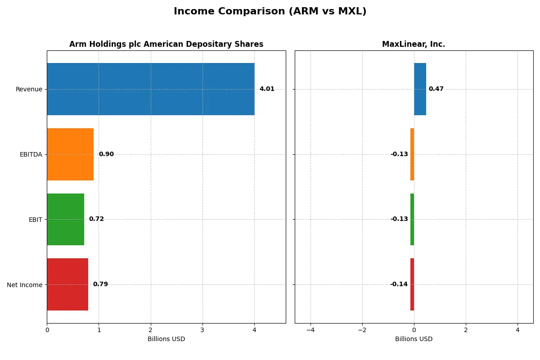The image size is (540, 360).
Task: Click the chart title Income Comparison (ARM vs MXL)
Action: [270, 12]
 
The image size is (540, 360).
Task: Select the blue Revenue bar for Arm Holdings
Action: [150, 89]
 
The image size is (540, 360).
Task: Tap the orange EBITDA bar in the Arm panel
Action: [70, 154]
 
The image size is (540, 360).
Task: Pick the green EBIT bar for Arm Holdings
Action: [65, 219]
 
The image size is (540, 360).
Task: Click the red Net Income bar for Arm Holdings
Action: [67, 284]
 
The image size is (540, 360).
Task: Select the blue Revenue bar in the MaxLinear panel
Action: [420, 89]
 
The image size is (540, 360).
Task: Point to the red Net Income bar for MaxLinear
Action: [412, 284]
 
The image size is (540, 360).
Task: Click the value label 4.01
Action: [267, 89]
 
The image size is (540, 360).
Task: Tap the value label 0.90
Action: [106, 154]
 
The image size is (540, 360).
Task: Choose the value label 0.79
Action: [100, 284]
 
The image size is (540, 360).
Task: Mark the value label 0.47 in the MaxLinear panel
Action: [436, 89]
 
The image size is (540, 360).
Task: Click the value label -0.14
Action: [399, 284]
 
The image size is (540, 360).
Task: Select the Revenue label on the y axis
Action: [29, 89]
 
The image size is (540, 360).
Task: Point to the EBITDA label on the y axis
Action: [31, 154]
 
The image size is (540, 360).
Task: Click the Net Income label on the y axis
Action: [25, 284]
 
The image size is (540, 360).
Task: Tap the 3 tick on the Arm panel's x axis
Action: [202, 330]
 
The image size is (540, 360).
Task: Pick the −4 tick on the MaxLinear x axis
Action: [310, 330]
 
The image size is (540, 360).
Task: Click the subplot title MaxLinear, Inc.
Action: [414, 44]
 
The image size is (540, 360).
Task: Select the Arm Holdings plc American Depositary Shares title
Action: [166, 44]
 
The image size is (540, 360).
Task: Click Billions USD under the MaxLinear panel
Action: [414, 339]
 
